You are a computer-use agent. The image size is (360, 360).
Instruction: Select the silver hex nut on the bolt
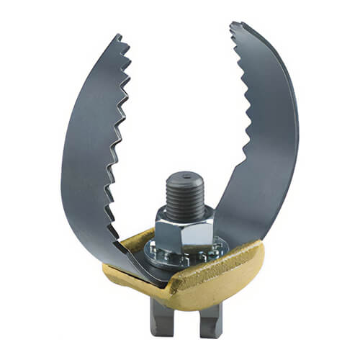(184, 228)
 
